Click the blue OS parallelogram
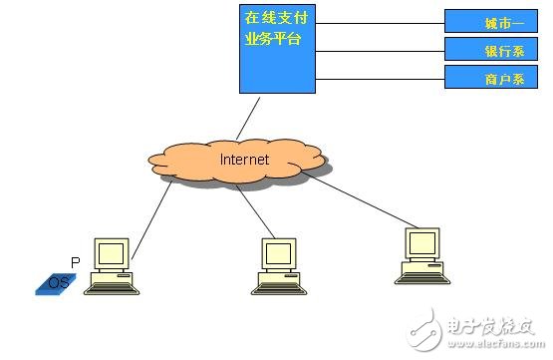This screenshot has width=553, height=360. tap(58, 283)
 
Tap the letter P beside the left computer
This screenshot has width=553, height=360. tap(74, 261)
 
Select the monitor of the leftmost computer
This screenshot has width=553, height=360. tap(112, 253)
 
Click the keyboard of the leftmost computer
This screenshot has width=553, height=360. tap(109, 286)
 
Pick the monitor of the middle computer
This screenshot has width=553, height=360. tap(279, 253)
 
